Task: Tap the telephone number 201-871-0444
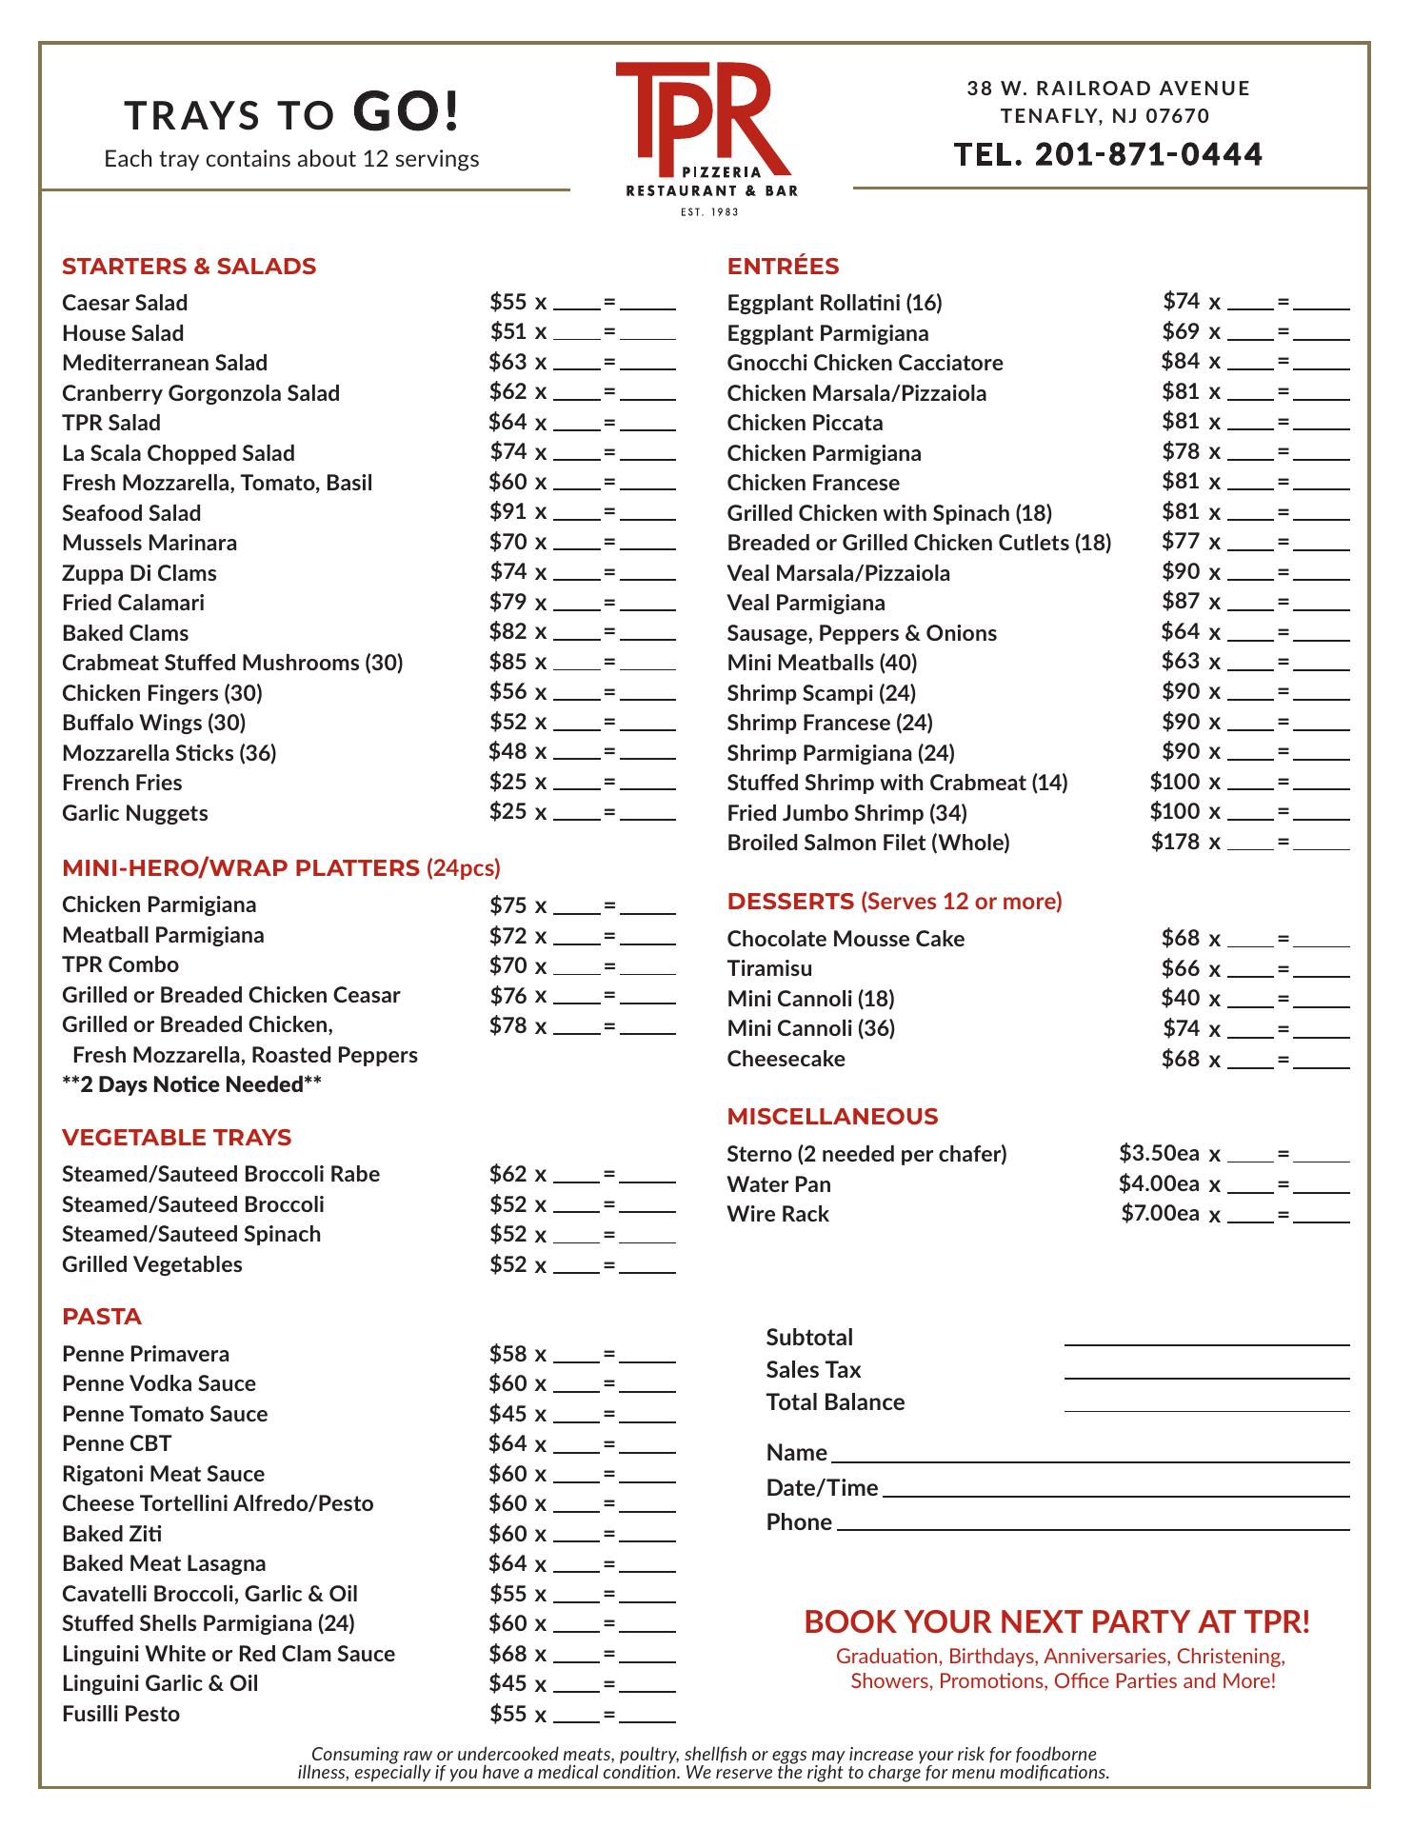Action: coord(1108,154)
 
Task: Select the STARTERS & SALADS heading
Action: coord(189,267)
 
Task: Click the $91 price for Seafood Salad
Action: coord(507,511)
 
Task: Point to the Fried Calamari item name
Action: coord(133,603)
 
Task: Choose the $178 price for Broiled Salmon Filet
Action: coord(1175,842)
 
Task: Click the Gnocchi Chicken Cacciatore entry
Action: coord(865,363)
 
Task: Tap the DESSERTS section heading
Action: coord(790,902)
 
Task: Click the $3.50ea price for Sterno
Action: coord(1159,1153)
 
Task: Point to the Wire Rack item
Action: coord(778,1214)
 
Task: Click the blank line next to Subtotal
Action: coord(1206,1338)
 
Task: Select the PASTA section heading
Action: coord(102,1317)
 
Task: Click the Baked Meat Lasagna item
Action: coord(164,1563)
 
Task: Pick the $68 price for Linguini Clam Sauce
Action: coord(507,1653)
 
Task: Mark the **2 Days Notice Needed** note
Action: coord(191,1084)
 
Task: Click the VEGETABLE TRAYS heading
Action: coord(176,1138)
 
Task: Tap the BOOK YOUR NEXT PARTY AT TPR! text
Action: coord(1057,1621)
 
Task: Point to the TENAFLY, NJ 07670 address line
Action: coord(1105,117)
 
